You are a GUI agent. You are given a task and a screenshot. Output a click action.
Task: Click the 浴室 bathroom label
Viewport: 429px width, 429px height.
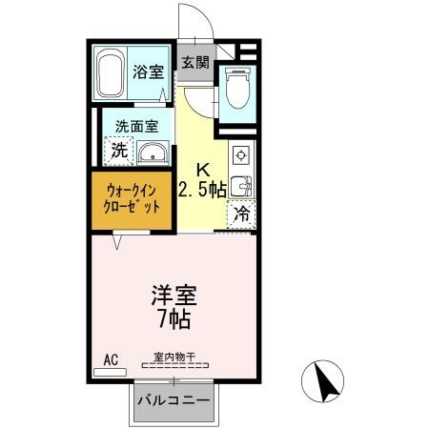(147, 72)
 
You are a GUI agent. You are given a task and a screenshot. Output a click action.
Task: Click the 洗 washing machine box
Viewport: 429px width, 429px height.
(119, 149)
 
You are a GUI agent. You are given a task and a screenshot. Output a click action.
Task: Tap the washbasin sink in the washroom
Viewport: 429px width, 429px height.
(152, 153)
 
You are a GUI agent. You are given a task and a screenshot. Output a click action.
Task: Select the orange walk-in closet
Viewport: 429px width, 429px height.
(133, 199)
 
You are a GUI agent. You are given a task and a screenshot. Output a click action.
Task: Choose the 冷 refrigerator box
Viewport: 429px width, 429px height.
(242, 214)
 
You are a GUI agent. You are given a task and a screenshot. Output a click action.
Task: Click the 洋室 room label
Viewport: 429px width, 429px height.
(173, 296)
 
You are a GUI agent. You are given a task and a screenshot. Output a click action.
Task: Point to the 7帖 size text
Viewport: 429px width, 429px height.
(173, 319)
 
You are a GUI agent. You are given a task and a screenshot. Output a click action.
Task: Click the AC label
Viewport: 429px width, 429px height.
(110, 359)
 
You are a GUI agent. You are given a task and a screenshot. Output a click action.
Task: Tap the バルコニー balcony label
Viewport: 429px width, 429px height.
(174, 401)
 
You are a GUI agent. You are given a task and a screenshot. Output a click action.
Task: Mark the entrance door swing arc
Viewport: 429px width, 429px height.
(194, 19)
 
